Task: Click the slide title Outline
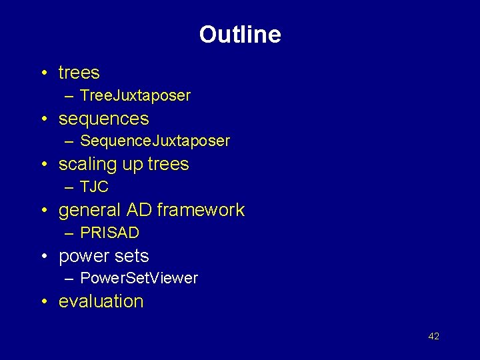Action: [x=239, y=35]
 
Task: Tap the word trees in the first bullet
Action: [x=79, y=73]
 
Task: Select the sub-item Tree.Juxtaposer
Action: [x=135, y=96]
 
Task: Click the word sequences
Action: [x=103, y=119]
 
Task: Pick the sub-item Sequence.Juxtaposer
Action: [x=155, y=141]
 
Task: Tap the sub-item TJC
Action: [x=94, y=187]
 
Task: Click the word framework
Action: [x=201, y=210]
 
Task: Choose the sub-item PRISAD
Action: [x=109, y=233]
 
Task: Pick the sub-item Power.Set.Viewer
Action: [x=139, y=279]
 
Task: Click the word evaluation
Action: [x=101, y=301]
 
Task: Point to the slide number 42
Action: [x=433, y=336]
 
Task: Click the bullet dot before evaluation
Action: [x=43, y=302]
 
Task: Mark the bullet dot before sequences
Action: [x=43, y=119]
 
